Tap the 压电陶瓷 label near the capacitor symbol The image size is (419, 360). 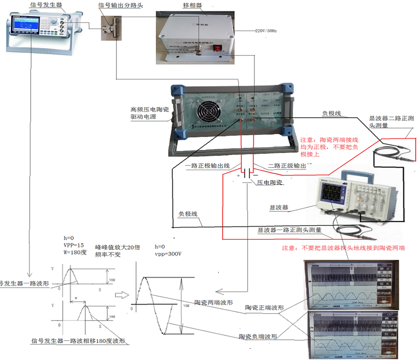(x=270, y=183)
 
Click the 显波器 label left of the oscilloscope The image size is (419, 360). (x=278, y=207)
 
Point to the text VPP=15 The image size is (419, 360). (x=74, y=245)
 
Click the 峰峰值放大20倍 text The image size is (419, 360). (x=115, y=246)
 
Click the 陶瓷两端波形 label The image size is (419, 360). (x=213, y=303)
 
